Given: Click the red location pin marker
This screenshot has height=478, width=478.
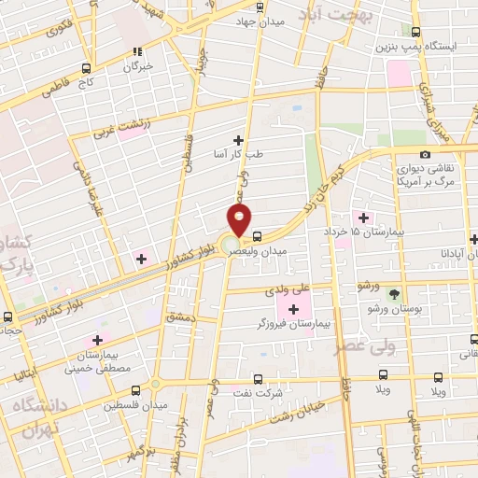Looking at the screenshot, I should tap(240, 221).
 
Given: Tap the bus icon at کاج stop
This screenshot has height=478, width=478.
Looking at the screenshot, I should tap(87, 68).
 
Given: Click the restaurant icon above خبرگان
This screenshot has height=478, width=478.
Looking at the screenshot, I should tap(137, 52).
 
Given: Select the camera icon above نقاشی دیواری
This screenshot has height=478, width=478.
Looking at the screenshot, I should tap(425, 155).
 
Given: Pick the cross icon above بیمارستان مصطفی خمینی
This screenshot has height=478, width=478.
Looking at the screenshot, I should tap(97, 342).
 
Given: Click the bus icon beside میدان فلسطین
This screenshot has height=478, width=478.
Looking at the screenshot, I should tap(135, 391).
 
